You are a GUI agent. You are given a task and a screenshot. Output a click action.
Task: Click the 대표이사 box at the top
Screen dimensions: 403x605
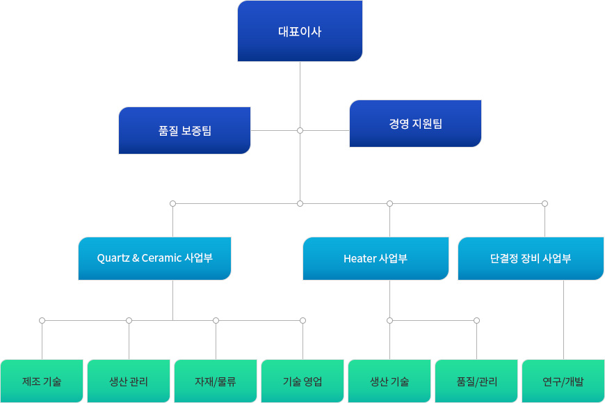pos(300,31)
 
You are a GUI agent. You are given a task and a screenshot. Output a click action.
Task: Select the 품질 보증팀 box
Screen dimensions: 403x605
pos(184,130)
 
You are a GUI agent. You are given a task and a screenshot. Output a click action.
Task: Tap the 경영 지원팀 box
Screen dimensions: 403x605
pos(415,124)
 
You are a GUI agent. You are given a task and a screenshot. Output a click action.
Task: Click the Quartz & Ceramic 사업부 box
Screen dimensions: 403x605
pos(154,258)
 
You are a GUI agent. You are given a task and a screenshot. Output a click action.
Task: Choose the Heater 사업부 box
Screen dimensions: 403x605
pos(376,259)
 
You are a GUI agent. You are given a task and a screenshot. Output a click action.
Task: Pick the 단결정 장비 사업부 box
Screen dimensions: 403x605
pos(531,258)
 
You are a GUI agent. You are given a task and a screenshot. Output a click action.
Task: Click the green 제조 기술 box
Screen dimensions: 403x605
pos(42,381)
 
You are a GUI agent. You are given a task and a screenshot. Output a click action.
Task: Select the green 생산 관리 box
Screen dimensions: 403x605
pos(129,381)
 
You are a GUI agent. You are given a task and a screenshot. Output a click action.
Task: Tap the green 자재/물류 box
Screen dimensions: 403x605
pos(216,381)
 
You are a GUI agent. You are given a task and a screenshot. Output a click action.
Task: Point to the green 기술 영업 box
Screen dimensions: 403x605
pos(302,381)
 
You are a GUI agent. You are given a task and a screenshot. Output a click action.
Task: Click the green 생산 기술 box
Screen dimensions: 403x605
pos(389,381)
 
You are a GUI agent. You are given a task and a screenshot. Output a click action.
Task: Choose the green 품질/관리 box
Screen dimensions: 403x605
pos(476,381)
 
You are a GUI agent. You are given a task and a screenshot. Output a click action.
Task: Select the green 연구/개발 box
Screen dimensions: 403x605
pos(563,381)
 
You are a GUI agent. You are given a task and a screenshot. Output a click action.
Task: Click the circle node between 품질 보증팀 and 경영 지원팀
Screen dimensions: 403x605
pos(300,130)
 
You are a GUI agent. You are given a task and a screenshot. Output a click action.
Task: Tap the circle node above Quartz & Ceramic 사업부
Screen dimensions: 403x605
pos(172,203)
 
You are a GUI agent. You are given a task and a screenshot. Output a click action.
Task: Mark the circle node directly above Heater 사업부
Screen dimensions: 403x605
pos(389,203)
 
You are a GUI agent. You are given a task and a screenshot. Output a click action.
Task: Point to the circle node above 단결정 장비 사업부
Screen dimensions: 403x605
pos(544,203)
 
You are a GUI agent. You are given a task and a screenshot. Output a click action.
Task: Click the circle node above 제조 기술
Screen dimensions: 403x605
pos(42,320)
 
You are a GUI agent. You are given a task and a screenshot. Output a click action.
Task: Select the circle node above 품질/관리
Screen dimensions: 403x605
pos(476,320)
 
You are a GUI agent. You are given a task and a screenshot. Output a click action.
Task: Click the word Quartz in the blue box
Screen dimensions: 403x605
pos(113,258)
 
